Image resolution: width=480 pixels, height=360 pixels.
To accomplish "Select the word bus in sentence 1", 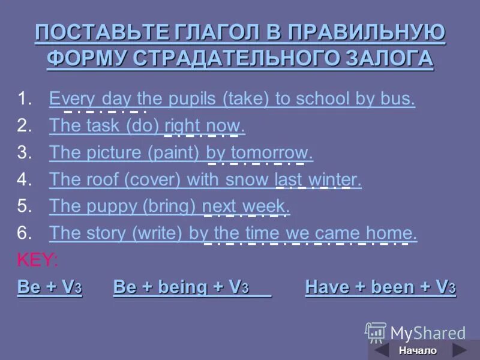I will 398,98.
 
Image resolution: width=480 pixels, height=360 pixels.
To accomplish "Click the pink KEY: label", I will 37,260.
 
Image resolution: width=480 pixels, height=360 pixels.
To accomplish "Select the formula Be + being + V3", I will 191,287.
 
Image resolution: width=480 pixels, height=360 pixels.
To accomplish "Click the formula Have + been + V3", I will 380,287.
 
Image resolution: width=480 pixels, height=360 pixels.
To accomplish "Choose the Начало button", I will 418,350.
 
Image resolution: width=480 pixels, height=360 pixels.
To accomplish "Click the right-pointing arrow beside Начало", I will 459,350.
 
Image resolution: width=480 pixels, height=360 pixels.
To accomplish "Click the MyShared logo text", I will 427,332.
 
